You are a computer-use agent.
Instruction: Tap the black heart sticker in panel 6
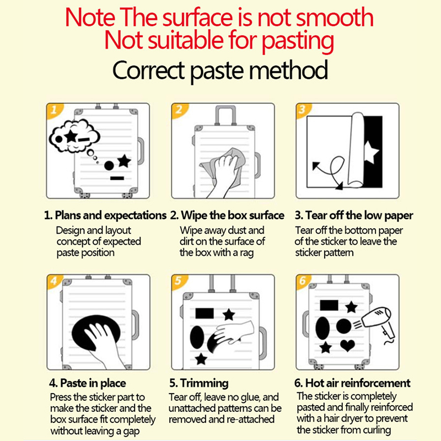tap(348, 346)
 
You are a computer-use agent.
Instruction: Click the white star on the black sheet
tap(371, 152)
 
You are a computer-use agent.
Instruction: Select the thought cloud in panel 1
tap(74, 136)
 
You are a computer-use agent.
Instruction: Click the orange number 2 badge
tap(179, 110)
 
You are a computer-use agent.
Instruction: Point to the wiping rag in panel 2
tap(225, 166)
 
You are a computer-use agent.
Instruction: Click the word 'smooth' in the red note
tap(335, 18)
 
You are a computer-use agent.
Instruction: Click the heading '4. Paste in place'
tap(88, 383)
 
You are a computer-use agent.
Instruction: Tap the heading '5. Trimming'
tap(199, 383)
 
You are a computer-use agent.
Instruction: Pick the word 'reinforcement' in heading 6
tap(376, 383)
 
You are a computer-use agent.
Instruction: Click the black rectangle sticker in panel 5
tap(205, 313)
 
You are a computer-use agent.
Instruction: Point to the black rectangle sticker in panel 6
tap(329, 305)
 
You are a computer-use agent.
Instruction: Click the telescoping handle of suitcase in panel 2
tap(225, 115)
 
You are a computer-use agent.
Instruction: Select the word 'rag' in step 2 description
tap(247, 253)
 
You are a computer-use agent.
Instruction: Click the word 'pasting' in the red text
tap(298, 41)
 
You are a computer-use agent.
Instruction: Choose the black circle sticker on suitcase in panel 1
tap(109, 166)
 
